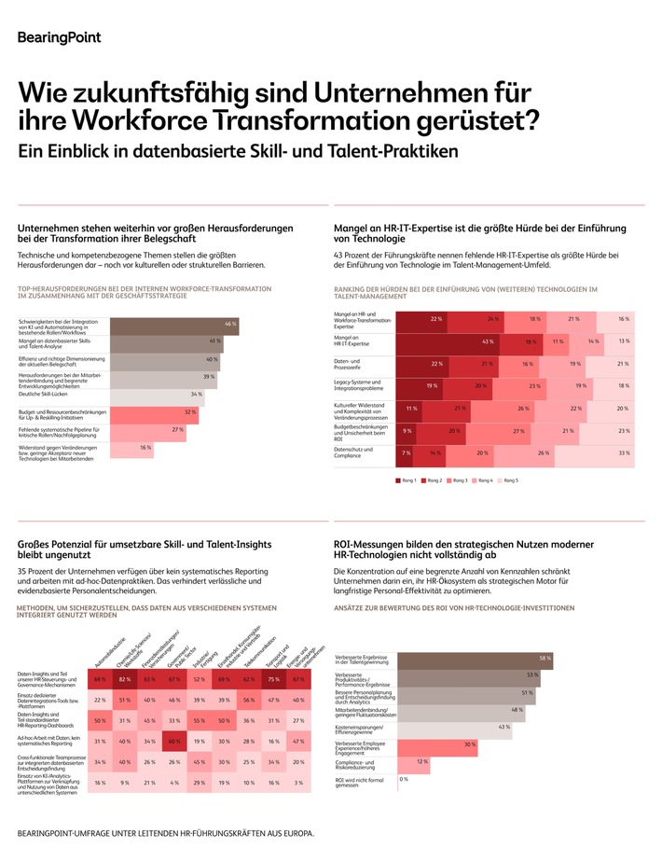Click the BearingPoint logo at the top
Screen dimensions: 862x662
tap(59, 37)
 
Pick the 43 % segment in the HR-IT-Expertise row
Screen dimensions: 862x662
tap(460, 341)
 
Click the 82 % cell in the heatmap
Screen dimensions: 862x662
tap(124, 680)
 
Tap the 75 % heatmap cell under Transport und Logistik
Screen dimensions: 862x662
tap(273, 680)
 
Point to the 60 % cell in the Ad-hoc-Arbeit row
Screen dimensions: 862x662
tap(173, 742)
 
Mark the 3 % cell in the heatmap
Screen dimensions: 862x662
tap(297, 783)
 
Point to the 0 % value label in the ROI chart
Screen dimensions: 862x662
tap(404, 779)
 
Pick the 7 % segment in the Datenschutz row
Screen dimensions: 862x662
tap(406, 452)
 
